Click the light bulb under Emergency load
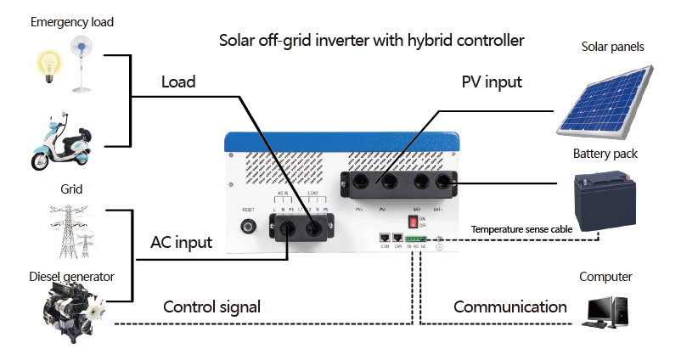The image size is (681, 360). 47,66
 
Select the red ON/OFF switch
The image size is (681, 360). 414,222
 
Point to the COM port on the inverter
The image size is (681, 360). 385,239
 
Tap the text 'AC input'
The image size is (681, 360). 181,242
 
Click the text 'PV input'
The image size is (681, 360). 492,82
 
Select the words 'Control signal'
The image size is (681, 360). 211,307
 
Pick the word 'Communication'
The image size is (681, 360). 509,307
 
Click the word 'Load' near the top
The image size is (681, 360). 178,82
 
